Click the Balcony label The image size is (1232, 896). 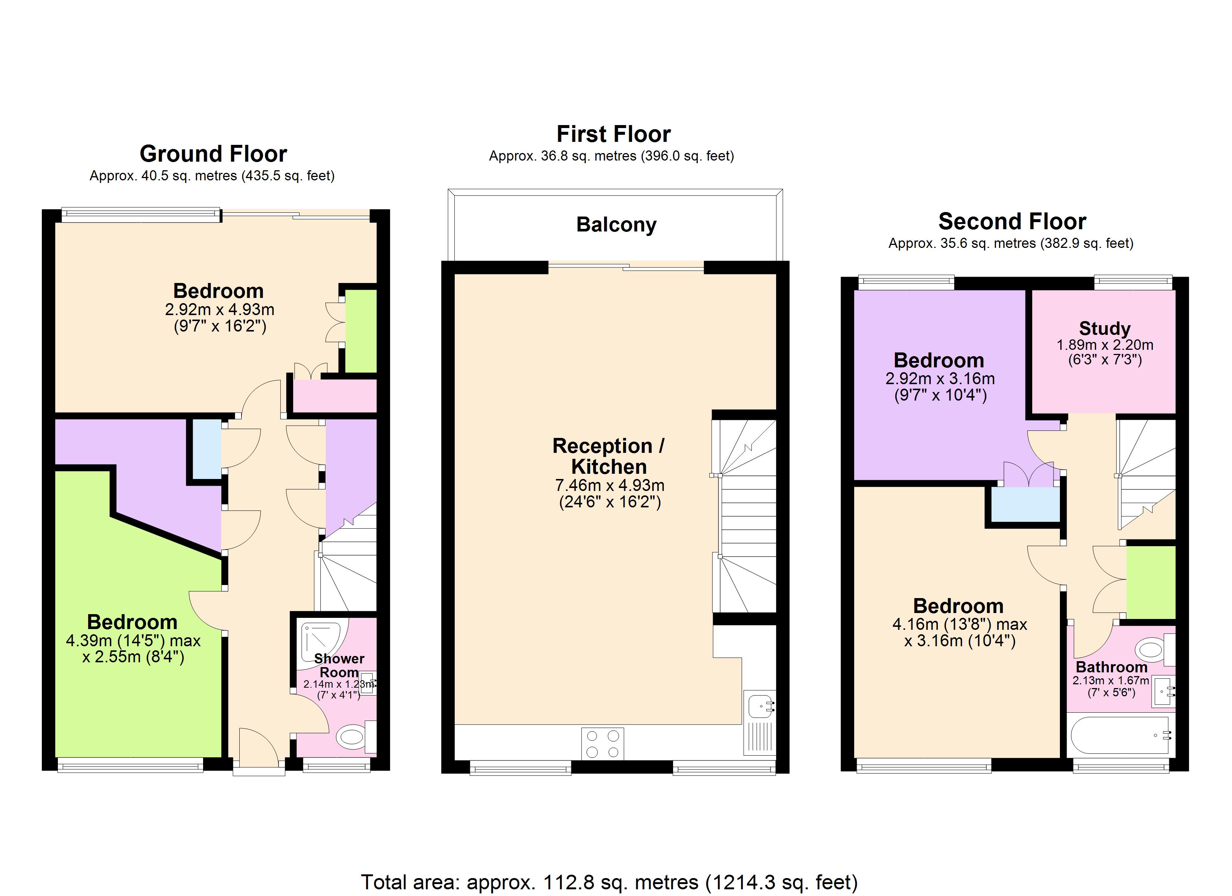616,224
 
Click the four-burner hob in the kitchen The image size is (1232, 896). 603,744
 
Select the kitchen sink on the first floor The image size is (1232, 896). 760,706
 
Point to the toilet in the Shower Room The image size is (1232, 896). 351,737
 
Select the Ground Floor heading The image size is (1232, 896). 213,154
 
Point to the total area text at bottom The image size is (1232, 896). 609,882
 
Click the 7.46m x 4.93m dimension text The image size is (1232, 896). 610,485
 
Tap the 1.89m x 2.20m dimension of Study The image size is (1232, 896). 1104,345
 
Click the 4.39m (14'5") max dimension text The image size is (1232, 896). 133,641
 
